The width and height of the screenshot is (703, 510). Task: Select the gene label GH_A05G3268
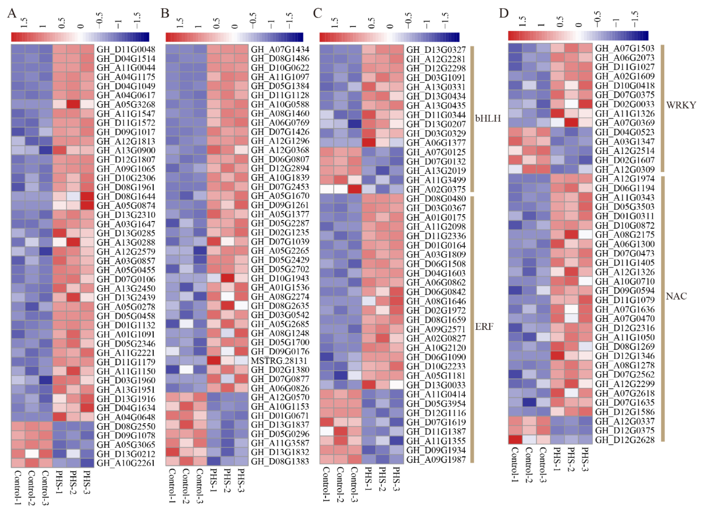pyautogui.click(x=126, y=105)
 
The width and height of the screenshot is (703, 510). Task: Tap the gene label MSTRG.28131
pyautogui.click(x=279, y=361)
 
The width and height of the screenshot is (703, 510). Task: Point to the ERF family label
pyautogui.click(x=484, y=327)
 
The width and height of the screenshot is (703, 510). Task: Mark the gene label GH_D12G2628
pyautogui.click(x=625, y=440)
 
